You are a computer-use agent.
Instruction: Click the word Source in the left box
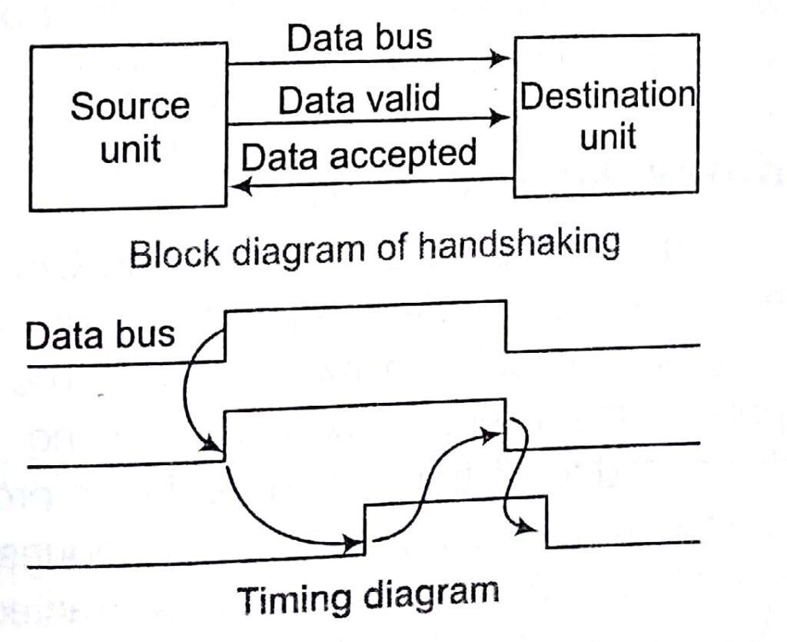129,106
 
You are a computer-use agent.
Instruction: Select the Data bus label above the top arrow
360,38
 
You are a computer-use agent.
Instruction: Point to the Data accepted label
359,155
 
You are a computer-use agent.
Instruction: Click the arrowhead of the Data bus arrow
501,58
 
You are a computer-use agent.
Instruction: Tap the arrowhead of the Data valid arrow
501,118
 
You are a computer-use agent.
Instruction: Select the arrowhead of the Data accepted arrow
240,185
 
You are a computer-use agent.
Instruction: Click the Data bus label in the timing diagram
100,335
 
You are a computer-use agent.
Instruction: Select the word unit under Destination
607,137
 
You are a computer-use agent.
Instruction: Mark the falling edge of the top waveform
506,326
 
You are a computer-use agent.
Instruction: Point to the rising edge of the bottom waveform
364,527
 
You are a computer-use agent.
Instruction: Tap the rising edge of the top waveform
225,335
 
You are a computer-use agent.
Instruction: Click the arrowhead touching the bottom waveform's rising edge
354,544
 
